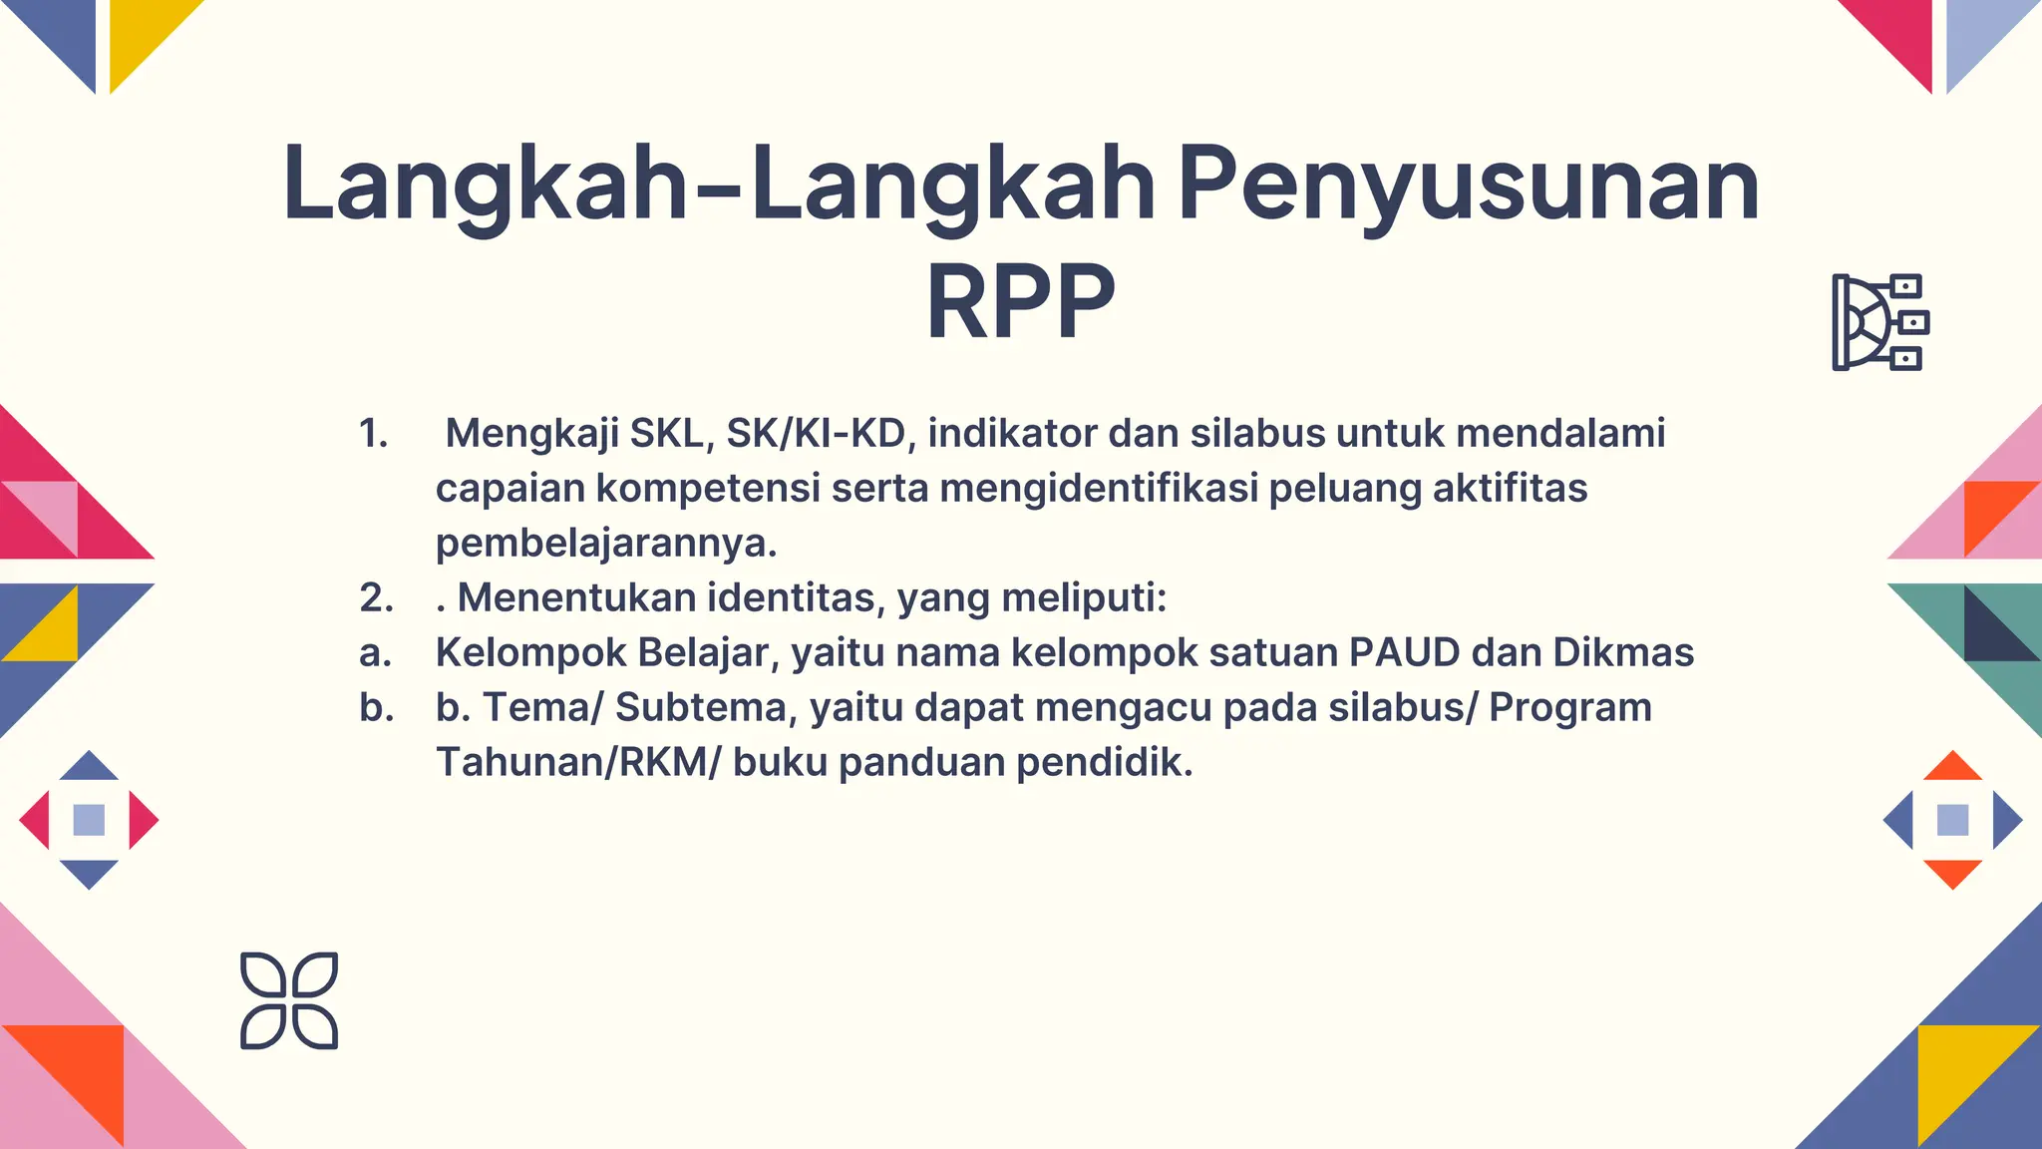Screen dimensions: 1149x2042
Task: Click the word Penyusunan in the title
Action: pyautogui.click(x=1469, y=186)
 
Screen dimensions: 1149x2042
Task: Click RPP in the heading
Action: pyautogui.click(x=1020, y=301)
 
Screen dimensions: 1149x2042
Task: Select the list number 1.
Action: pyautogui.click(x=373, y=433)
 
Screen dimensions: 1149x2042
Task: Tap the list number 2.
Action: pyautogui.click(x=376, y=597)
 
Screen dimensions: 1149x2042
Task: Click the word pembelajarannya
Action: pyautogui.click(x=605, y=543)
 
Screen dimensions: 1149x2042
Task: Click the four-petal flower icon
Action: pyautogui.click(x=289, y=1000)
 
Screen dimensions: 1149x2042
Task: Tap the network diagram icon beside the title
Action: pyautogui.click(x=1879, y=322)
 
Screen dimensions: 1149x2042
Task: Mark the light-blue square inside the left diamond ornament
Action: pyautogui.click(x=89, y=820)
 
